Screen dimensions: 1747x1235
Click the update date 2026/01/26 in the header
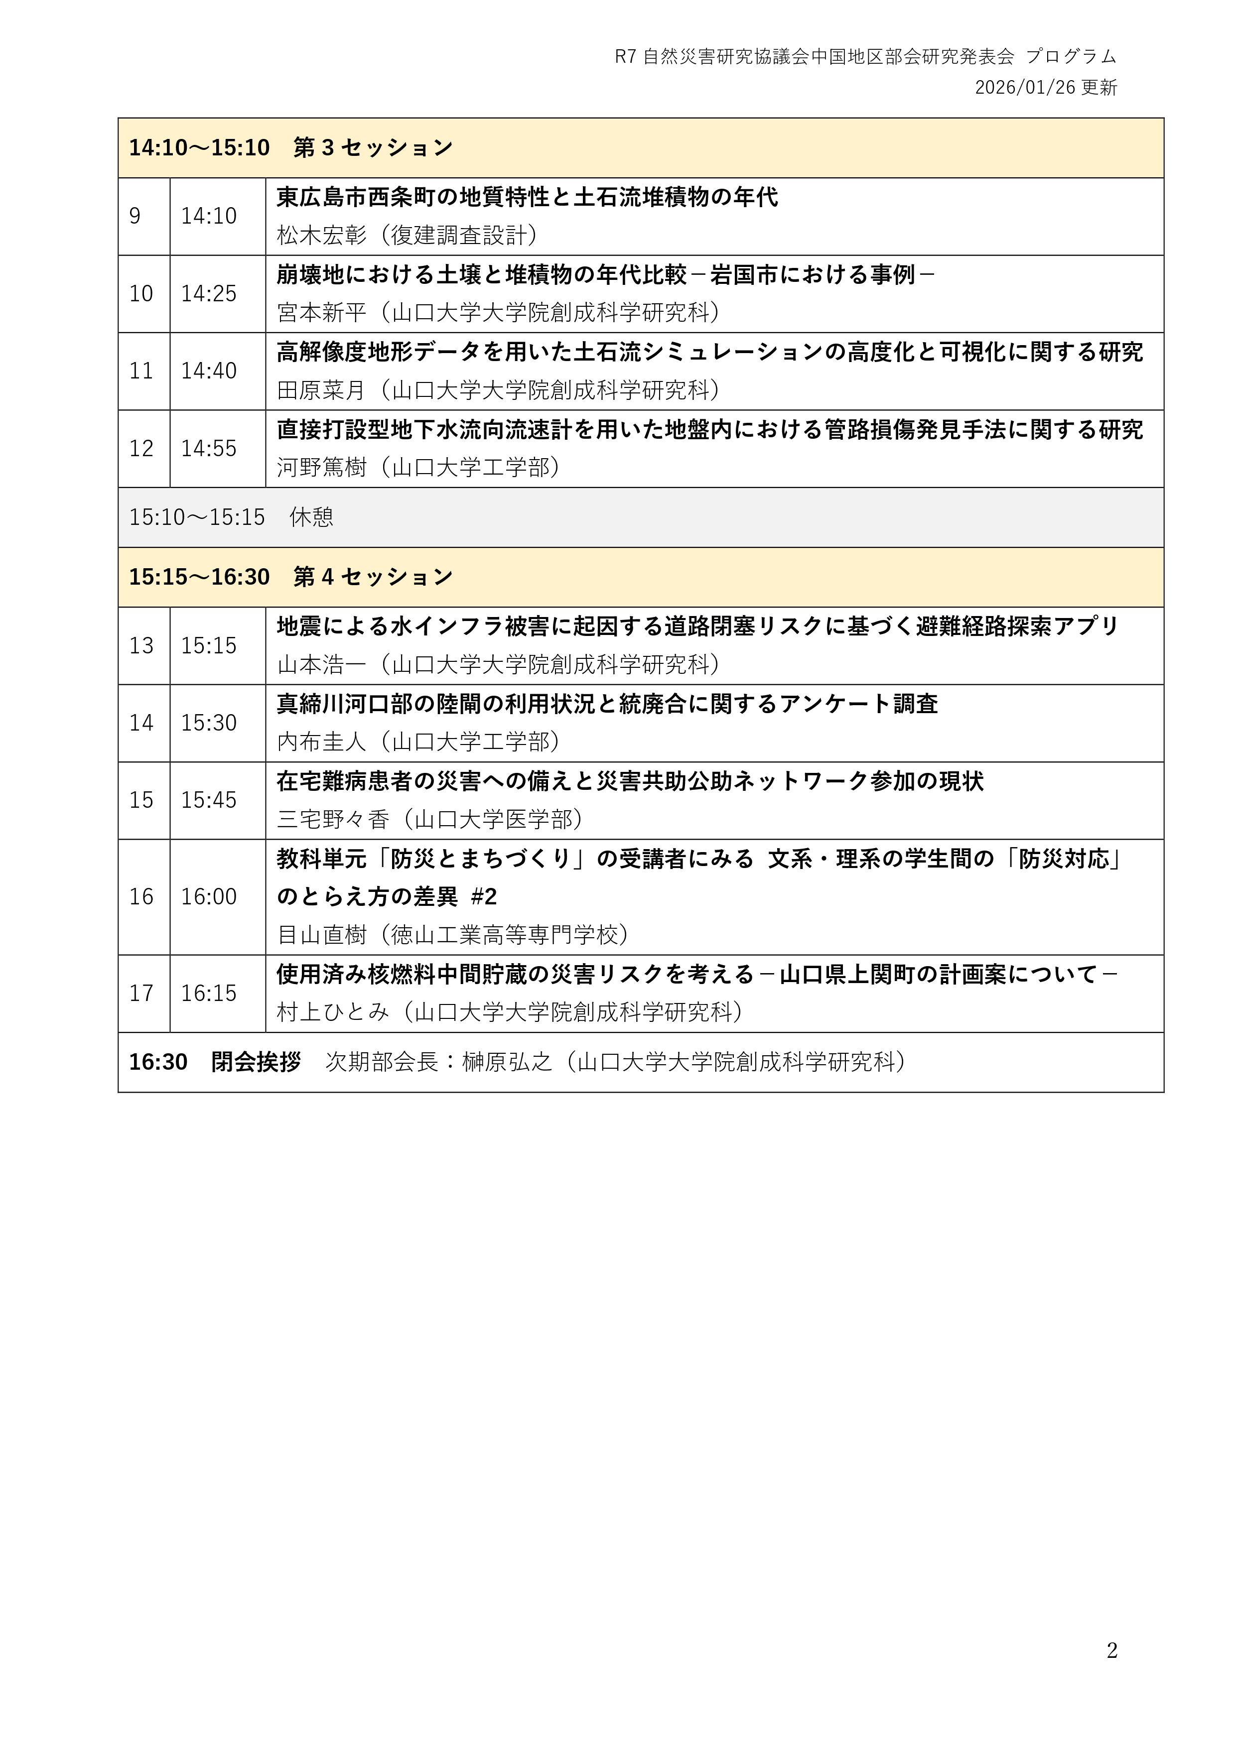click(x=1025, y=88)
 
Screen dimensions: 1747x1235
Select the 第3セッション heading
click(x=373, y=147)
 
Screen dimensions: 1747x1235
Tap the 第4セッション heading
click(x=373, y=577)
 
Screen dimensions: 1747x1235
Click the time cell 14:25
click(x=209, y=294)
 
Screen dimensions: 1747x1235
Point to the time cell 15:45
click(x=209, y=800)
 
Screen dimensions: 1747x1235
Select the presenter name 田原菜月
click(x=321, y=390)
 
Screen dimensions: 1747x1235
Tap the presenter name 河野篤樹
click(x=321, y=467)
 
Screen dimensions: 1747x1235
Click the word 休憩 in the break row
click(x=311, y=517)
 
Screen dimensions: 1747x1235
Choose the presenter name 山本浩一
click(x=321, y=665)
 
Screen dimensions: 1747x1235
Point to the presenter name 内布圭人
click(x=321, y=742)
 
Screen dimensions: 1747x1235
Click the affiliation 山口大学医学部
click(x=493, y=820)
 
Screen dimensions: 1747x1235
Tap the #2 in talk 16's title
click(x=484, y=897)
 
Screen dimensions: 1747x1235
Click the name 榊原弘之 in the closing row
click(x=507, y=1062)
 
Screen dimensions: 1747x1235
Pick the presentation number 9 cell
click(x=136, y=216)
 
